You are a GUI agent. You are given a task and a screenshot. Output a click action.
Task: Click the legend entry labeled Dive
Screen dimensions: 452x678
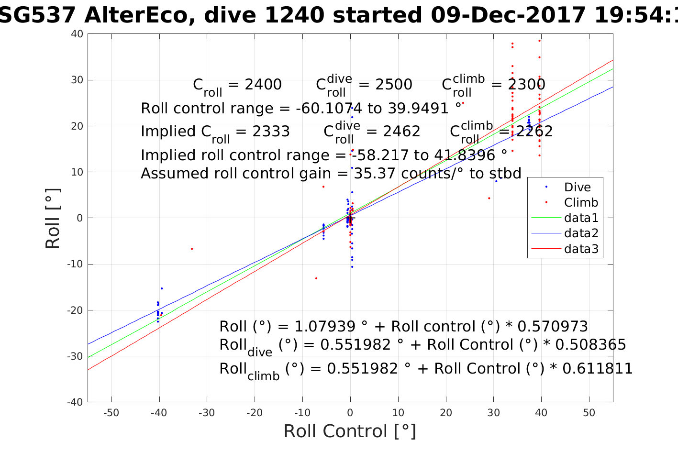pos(577,187)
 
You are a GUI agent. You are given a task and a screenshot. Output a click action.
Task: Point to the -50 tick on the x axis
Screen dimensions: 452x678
pos(111,413)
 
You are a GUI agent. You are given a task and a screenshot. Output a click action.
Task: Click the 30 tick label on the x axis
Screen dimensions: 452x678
pos(493,413)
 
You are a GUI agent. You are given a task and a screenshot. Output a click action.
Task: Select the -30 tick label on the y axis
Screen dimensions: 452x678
pos(76,356)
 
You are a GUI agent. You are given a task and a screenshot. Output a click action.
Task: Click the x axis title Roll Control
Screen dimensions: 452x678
pos(350,431)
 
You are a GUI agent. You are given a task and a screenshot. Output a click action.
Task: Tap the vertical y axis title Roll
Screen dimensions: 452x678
pos(53,218)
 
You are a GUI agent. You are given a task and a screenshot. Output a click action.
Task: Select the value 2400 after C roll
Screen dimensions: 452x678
pos(263,85)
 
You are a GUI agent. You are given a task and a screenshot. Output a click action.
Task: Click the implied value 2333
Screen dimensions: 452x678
pos(271,132)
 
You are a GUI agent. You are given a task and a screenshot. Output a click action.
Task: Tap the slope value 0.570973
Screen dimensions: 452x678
pos(553,327)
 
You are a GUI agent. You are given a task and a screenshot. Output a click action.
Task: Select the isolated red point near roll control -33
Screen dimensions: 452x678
pos(192,249)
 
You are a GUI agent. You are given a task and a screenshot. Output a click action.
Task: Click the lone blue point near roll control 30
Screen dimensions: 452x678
pos(496,181)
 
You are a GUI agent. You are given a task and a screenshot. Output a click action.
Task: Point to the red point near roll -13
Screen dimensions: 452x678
pos(316,278)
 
